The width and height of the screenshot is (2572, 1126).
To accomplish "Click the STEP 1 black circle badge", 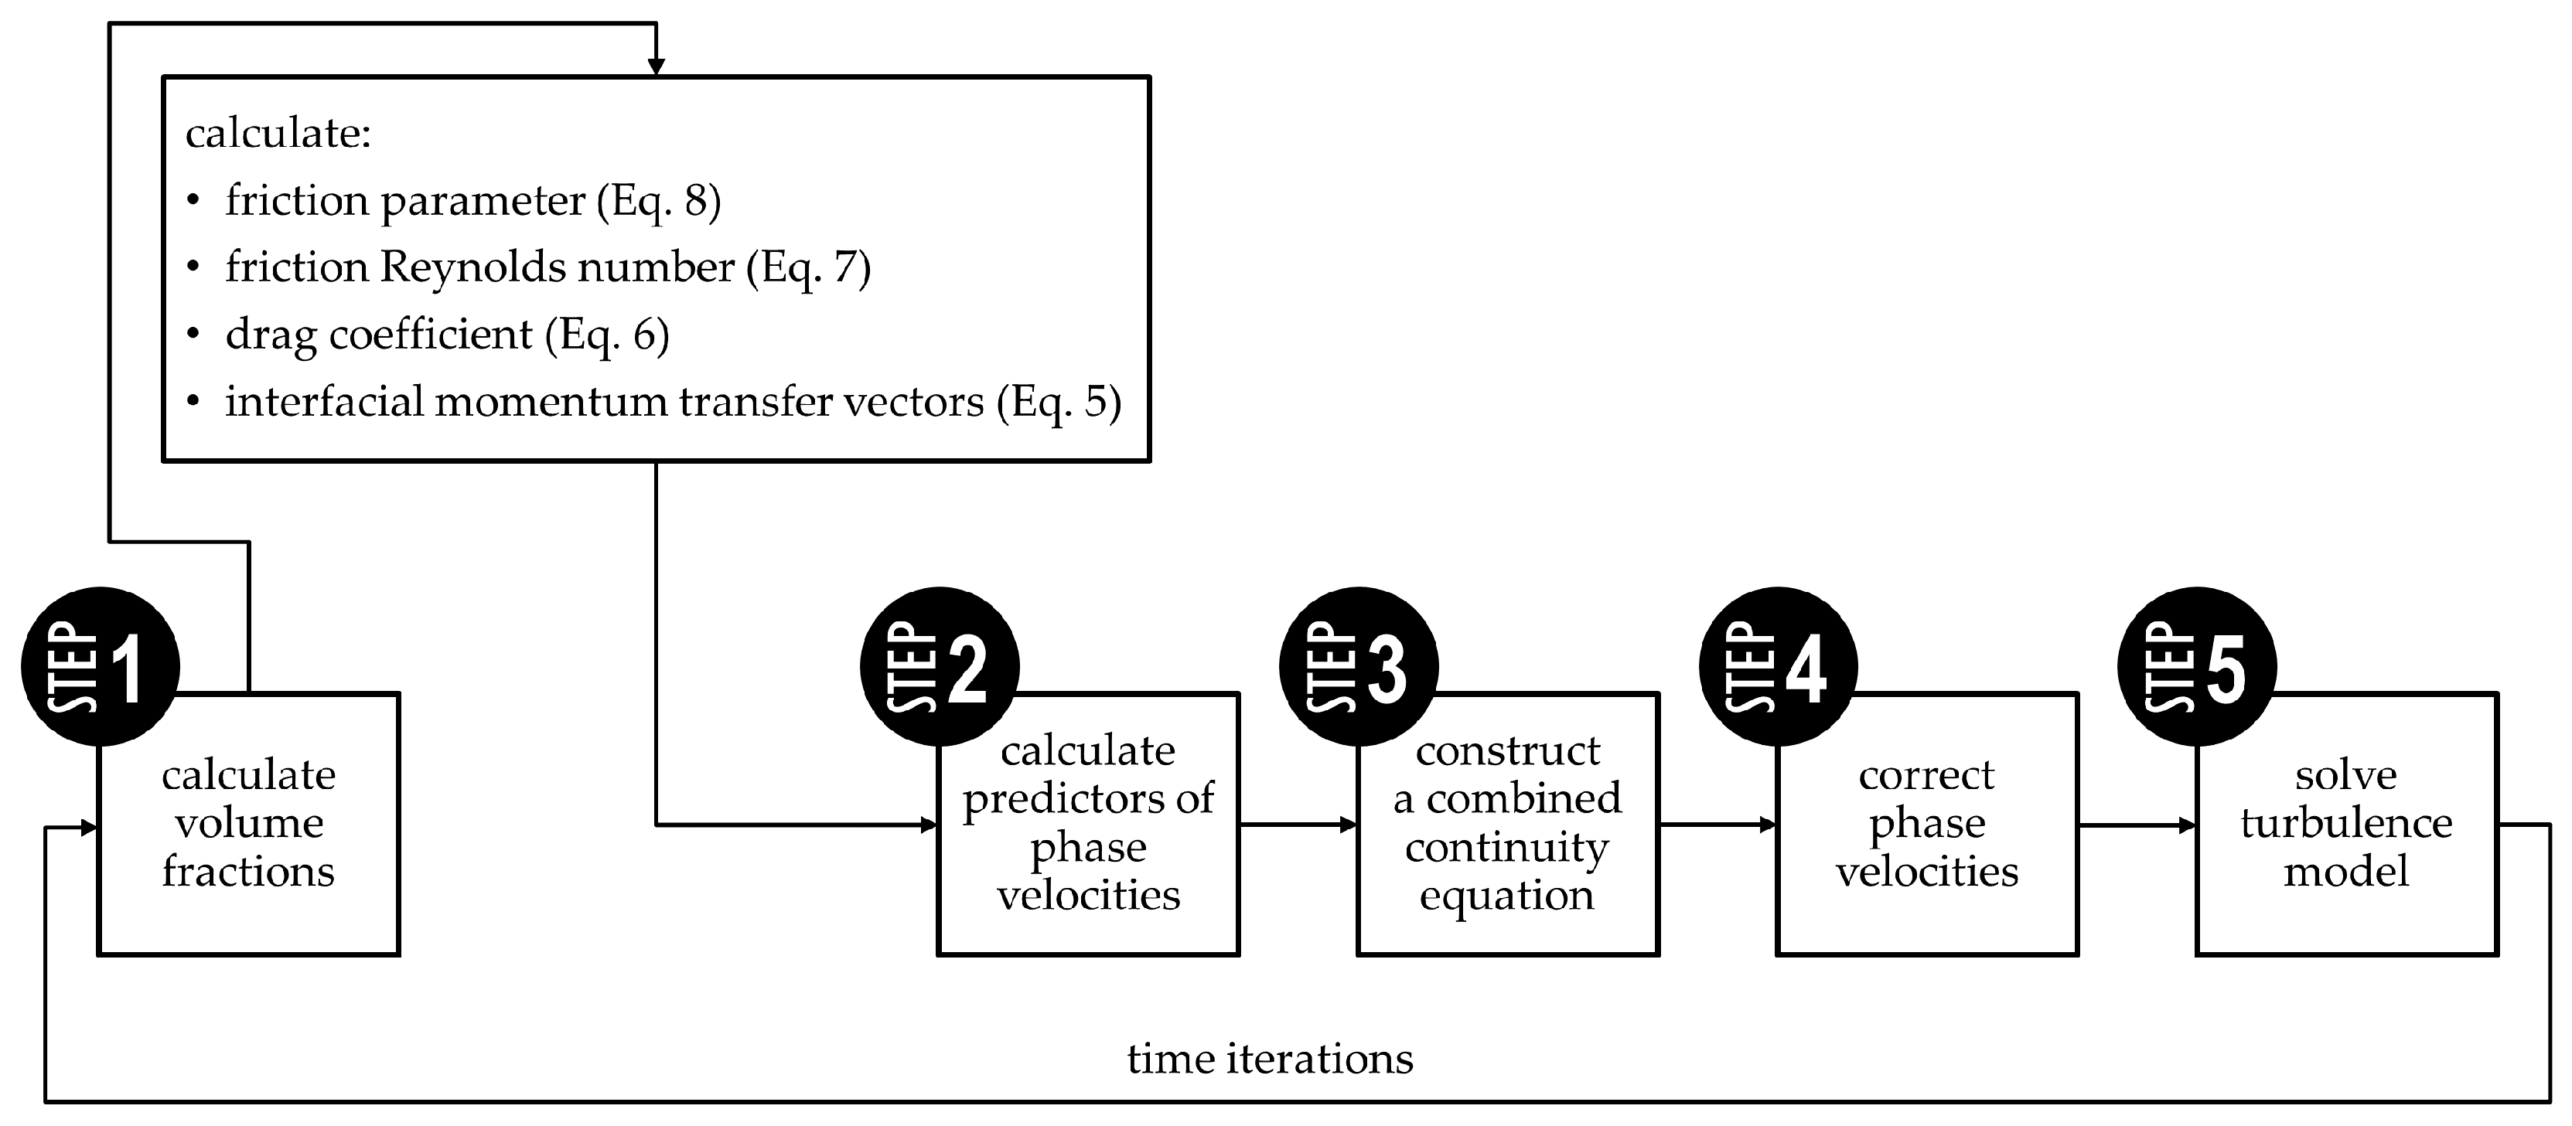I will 100,666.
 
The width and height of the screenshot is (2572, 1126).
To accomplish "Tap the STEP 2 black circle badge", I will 940,666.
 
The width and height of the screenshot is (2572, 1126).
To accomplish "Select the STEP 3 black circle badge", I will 1359,666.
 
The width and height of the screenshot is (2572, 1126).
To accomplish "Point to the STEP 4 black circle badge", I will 1779,666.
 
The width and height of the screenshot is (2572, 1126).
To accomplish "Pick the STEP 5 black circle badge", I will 2198,666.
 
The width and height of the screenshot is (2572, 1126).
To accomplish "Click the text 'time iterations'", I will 1270,1058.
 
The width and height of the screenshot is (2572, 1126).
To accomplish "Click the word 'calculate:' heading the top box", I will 278,133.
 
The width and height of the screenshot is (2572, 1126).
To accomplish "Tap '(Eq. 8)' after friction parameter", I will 659,201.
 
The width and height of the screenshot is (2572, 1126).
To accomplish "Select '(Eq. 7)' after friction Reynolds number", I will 809,267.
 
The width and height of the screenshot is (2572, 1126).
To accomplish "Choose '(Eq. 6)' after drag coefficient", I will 607,335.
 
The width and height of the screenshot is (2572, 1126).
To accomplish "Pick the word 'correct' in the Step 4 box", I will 1926,774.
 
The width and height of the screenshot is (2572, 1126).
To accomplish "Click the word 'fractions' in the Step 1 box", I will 248,872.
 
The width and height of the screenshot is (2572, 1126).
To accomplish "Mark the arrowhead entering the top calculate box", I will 656,68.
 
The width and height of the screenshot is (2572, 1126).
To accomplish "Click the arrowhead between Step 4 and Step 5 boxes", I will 2188,825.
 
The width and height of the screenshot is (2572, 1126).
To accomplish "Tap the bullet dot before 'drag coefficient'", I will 193,335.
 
